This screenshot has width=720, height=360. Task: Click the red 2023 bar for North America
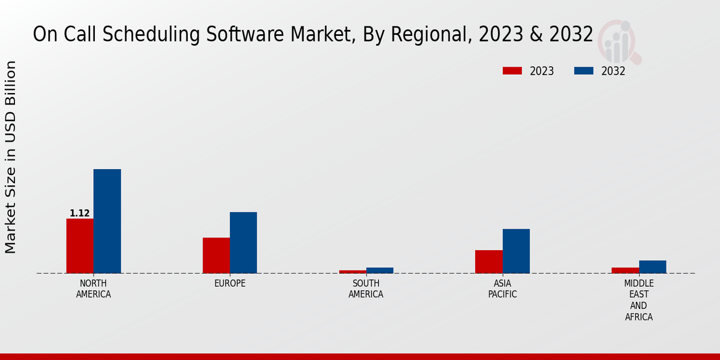[x=80, y=246]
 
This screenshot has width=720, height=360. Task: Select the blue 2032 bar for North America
[x=107, y=221]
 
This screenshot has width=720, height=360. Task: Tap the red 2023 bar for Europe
[x=216, y=256]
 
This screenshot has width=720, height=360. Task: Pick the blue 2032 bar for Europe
[x=243, y=242]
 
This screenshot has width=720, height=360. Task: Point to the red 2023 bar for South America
[x=352, y=272]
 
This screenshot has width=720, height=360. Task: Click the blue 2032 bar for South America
[x=380, y=271]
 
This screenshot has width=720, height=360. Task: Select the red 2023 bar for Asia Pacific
[x=488, y=262]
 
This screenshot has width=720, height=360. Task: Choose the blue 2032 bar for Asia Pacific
[x=516, y=251]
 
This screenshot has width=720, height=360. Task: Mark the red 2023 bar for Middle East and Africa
[x=625, y=270]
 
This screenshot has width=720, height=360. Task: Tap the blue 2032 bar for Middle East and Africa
[x=652, y=266]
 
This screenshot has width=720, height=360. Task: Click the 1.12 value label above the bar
[x=80, y=214]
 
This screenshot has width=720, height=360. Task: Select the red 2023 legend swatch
[x=512, y=71]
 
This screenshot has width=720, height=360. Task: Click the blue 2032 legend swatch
[x=584, y=71]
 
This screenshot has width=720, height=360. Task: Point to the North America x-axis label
[x=94, y=289]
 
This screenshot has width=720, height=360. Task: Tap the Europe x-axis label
[x=230, y=283]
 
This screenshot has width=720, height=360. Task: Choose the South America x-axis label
[x=366, y=289]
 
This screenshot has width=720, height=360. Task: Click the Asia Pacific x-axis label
[x=502, y=289]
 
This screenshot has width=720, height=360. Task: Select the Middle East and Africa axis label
[x=639, y=300]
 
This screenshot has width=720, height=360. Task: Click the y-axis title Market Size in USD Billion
[x=11, y=157]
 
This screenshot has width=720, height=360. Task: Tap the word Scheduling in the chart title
[x=144, y=35]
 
